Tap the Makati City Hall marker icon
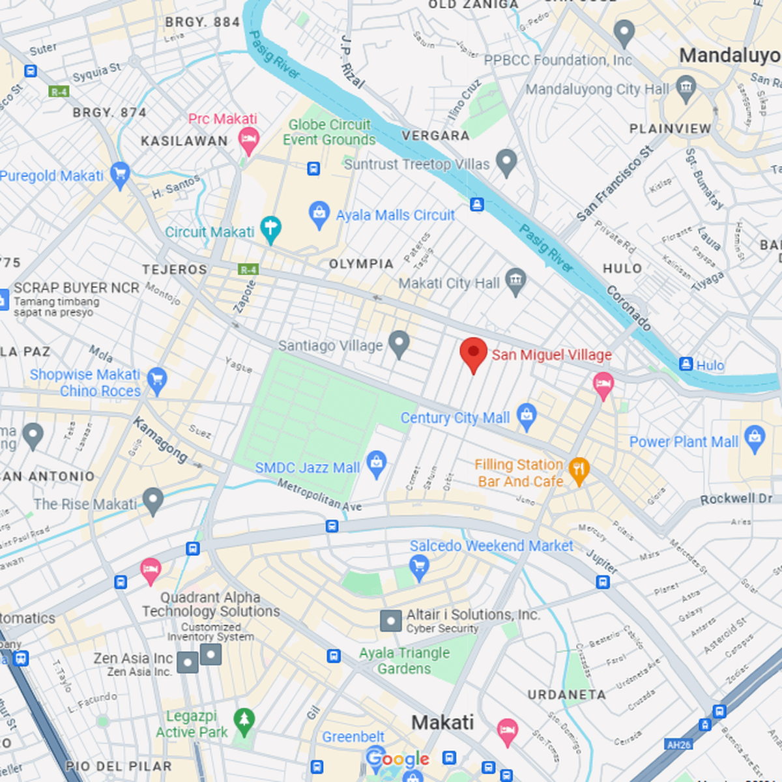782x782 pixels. tap(515, 281)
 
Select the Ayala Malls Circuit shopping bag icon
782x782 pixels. tap(319, 214)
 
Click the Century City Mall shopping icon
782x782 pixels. tap(527, 415)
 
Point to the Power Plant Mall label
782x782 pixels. tap(684, 442)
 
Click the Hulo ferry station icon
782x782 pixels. tap(686, 364)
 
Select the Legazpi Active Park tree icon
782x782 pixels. tap(244, 721)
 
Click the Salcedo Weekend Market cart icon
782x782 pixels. tap(419, 566)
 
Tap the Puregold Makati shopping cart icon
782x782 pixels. tap(120, 174)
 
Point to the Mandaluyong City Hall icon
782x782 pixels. tap(686, 87)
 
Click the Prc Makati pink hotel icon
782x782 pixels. tap(248, 139)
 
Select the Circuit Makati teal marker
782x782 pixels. tap(270, 229)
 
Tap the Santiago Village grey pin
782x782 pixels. tap(399, 343)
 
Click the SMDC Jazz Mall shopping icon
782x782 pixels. tap(376, 463)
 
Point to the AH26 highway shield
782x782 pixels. tap(678, 744)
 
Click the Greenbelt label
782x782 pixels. tap(353, 737)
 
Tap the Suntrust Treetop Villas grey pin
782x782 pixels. tap(506, 161)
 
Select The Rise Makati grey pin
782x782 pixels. tap(153, 500)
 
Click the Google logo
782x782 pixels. tap(397, 759)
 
